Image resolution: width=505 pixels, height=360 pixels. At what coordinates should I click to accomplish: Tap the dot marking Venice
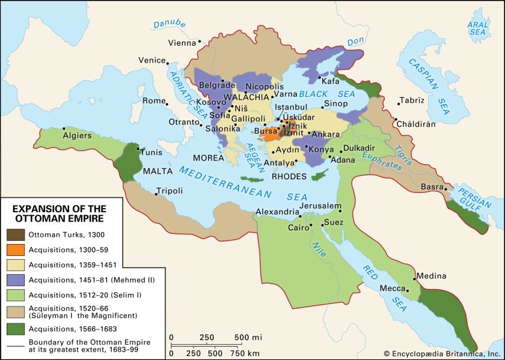coord(168,61)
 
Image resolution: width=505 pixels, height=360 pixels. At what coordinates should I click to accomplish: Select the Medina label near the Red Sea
coord(432,276)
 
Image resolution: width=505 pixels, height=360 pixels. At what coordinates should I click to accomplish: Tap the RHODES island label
coord(289,177)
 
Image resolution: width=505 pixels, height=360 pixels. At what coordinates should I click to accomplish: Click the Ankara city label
coord(327,133)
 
